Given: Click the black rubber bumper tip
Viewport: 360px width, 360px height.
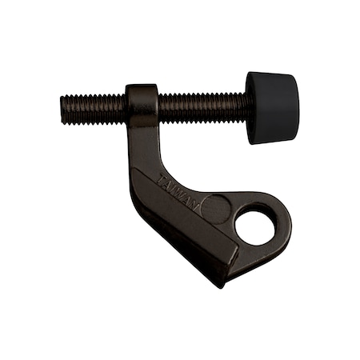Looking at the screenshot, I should click(272, 107).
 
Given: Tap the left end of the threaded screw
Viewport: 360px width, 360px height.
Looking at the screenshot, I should click(64, 109).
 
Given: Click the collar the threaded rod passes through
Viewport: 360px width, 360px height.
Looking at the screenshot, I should click(142, 106).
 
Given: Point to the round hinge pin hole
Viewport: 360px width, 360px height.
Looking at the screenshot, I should click(255, 226).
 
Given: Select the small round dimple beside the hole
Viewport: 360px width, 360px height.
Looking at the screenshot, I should click(215, 208).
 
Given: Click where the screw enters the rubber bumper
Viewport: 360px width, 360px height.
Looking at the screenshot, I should click(249, 107).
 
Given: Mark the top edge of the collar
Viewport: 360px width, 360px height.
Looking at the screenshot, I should click(142, 86).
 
